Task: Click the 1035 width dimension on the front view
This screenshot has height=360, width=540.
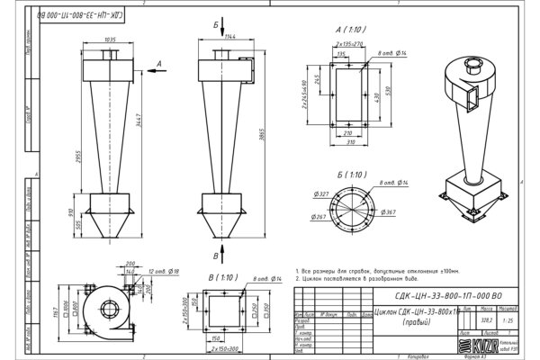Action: (x=112, y=41)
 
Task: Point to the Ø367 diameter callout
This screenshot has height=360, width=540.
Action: (x=389, y=211)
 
